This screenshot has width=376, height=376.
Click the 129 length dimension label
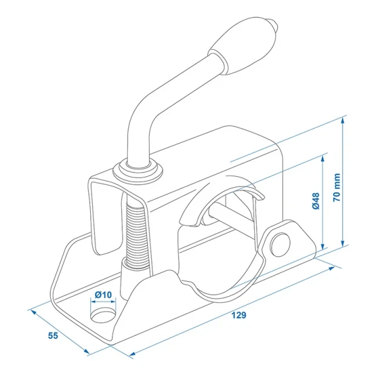click(x=239, y=315)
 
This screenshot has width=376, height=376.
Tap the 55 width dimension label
click(x=53, y=335)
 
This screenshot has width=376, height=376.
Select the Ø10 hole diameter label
click(x=103, y=294)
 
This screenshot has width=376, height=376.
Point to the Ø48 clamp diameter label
click(x=316, y=200)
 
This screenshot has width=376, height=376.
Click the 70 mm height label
click(x=337, y=188)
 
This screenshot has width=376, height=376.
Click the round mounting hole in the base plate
click(x=104, y=316)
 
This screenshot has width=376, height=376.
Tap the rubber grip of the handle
click(x=242, y=45)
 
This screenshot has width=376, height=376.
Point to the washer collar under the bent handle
click(x=138, y=171)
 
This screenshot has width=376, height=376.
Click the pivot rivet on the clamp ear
click(x=280, y=245)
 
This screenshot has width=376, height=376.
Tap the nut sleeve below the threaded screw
click(x=129, y=277)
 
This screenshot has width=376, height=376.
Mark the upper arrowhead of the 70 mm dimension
click(x=343, y=121)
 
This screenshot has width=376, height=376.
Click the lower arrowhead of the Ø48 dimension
click(x=323, y=246)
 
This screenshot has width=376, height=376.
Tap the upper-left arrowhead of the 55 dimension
click(x=34, y=312)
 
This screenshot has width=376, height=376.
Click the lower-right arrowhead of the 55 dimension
click(x=87, y=351)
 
